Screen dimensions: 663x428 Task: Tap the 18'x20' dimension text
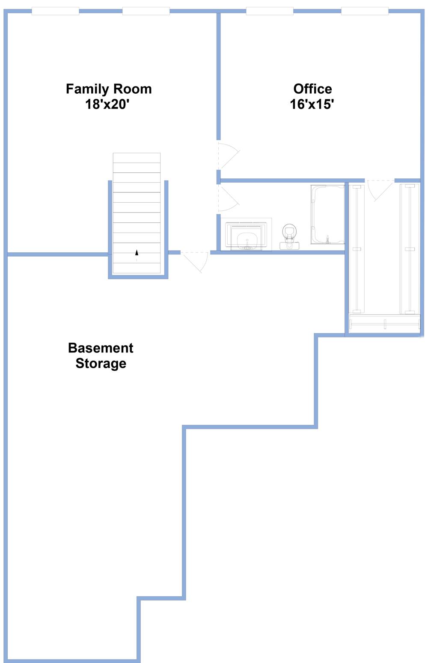(x=107, y=104)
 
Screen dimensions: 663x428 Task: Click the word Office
(x=312, y=89)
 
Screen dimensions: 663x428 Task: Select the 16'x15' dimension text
(x=312, y=104)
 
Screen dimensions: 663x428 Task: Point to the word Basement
(x=101, y=348)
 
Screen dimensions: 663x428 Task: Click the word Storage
(x=101, y=363)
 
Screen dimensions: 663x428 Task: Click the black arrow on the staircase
(x=137, y=252)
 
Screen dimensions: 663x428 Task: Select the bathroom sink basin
(x=247, y=238)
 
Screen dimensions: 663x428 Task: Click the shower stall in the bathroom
(x=327, y=214)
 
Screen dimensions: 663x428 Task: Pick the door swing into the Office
(x=228, y=155)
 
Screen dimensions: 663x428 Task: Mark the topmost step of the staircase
(x=137, y=157)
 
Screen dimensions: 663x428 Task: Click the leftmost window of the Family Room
(x=55, y=11)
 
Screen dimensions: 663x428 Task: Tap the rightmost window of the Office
(x=365, y=11)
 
